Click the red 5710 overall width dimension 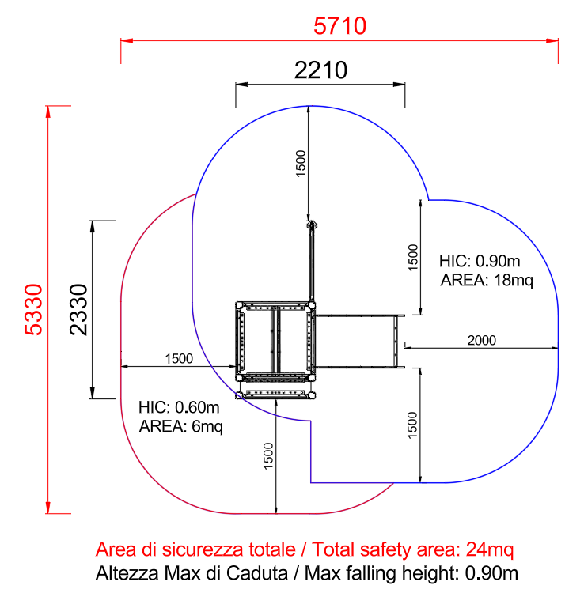click(x=340, y=26)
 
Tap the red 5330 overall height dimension click(x=33, y=309)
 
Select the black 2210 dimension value click(x=320, y=70)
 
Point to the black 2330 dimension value click(x=78, y=309)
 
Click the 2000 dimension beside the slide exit click(x=482, y=340)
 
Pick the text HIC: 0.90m click(x=480, y=261)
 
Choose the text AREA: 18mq click(x=487, y=280)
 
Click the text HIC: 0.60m click(x=179, y=407)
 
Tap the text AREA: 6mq click(x=181, y=426)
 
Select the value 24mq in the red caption click(x=489, y=549)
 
